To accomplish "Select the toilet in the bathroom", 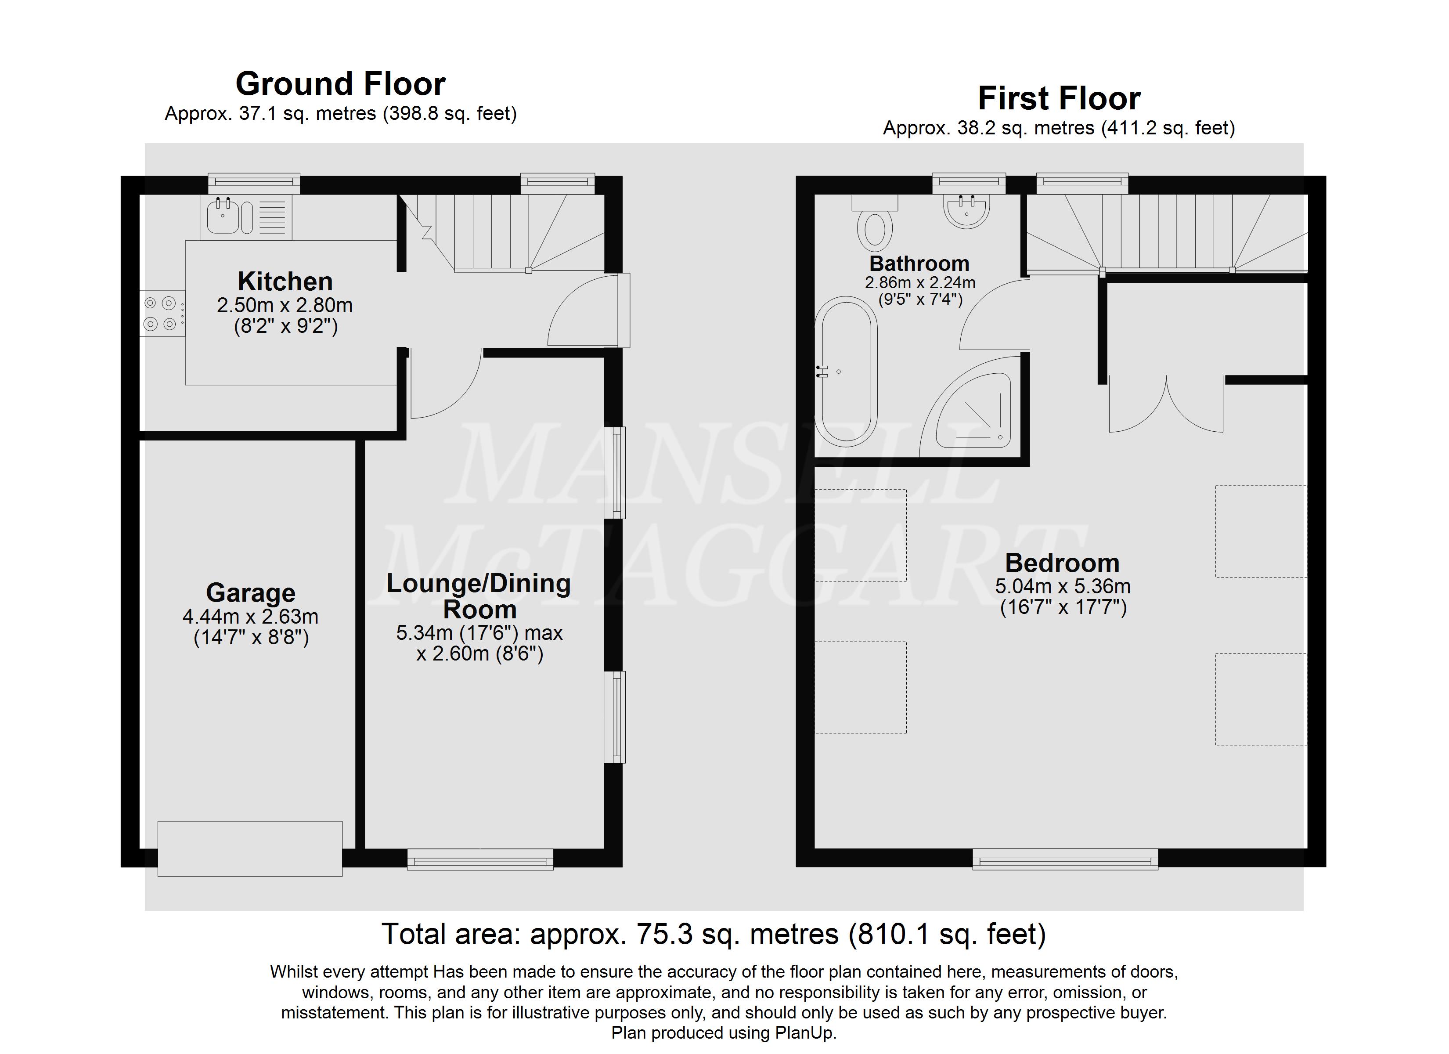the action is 875,223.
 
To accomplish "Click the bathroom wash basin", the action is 966,210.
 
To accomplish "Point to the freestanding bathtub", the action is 846,371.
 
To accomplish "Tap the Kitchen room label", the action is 285,281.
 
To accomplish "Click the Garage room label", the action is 250,593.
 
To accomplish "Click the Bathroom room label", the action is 919,263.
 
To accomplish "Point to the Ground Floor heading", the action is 341,84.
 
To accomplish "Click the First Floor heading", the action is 1059,98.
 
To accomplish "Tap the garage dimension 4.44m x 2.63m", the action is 250,617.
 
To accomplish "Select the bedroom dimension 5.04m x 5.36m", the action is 1063,586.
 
